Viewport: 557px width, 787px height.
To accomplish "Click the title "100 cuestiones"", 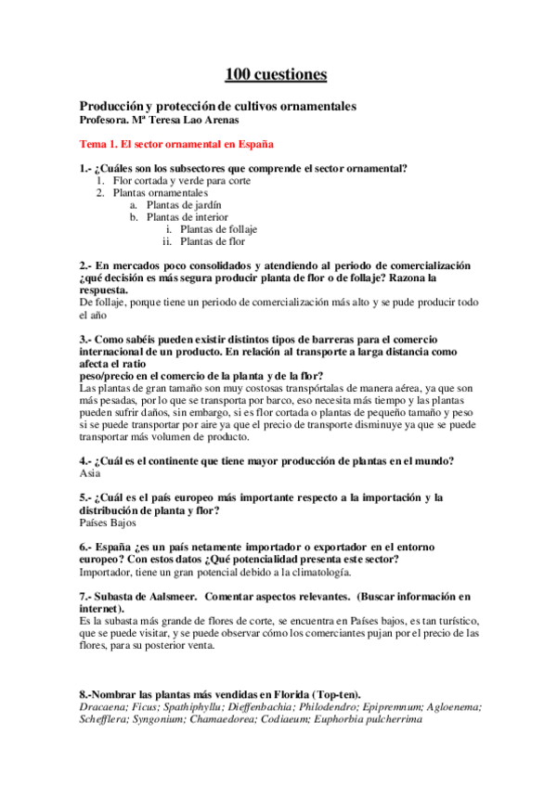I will pyautogui.click(x=276, y=73).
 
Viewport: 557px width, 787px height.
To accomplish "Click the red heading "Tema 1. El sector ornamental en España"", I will pyautogui.click(x=176, y=145).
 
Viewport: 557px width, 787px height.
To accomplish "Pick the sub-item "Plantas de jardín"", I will pyautogui.click(x=184, y=205).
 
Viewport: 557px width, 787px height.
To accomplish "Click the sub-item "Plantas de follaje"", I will pyautogui.click(x=218, y=229).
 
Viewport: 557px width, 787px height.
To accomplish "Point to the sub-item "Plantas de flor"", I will pyautogui.click(x=212, y=241).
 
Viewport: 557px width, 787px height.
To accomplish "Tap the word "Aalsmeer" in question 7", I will pyautogui.click(x=167, y=595).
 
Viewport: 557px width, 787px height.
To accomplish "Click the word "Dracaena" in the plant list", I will pyautogui.click(x=103, y=706).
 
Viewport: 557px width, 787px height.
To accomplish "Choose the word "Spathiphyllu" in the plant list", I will pyautogui.click(x=198, y=706).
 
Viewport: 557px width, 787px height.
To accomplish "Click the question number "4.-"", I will pyautogui.click(x=85, y=461).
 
